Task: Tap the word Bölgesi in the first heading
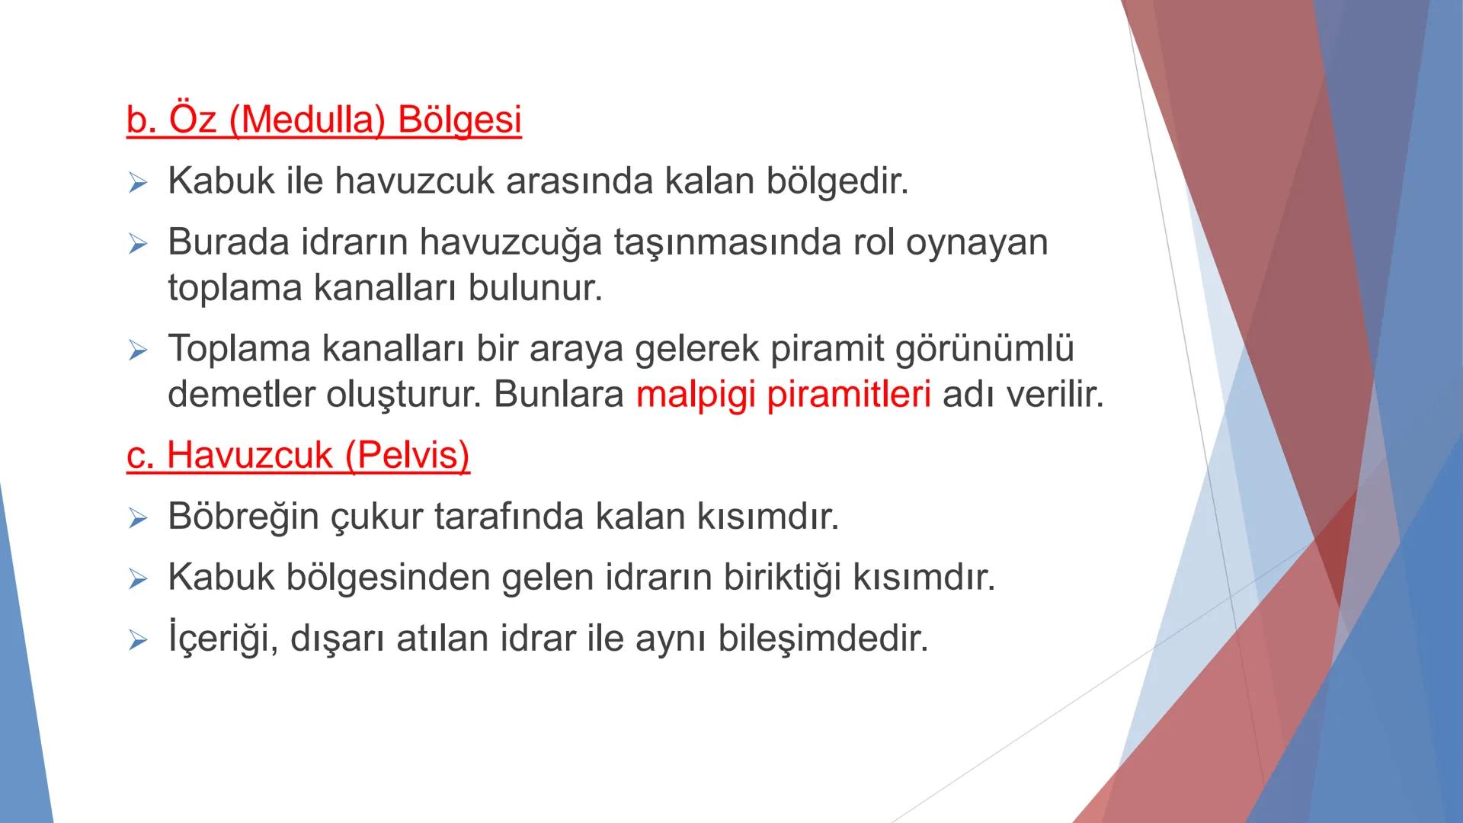(x=459, y=120)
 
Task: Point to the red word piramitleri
(x=848, y=395)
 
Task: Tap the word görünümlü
(x=984, y=348)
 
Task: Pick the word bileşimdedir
(x=823, y=638)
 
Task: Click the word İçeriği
(x=216, y=638)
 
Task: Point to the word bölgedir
(x=837, y=181)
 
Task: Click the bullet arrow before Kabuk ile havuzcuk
(x=137, y=183)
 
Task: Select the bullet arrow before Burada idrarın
(x=137, y=244)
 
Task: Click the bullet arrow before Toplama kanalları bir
(x=137, y=351)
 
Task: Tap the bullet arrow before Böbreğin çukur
(x=137, y=518)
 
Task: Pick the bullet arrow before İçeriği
(x=137, y=640)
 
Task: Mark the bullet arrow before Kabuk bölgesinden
(x=137, y=579)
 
